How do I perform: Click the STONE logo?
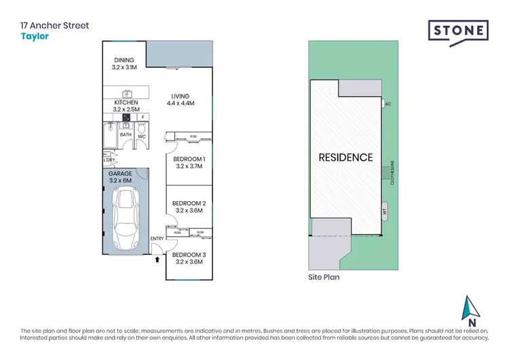click(x=458, y=31)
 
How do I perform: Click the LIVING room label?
click(x=180, y=100)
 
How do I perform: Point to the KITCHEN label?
click(x=126, y=105)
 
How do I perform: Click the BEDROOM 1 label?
click(x=189, y=162)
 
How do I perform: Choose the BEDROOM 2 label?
click(x=189, y=206)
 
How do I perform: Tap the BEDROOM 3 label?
click(x=189, y=257)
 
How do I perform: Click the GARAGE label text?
click(x=120, y=177)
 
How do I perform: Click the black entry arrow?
click(x=158, y=259)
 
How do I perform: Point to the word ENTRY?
click(x=157, y=238)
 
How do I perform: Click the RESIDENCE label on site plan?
click(x=346, y=157)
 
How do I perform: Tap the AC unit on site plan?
click(x=387, y=104)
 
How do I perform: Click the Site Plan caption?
click(x=324, y=277)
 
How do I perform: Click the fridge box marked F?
click(x=143, y=116)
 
